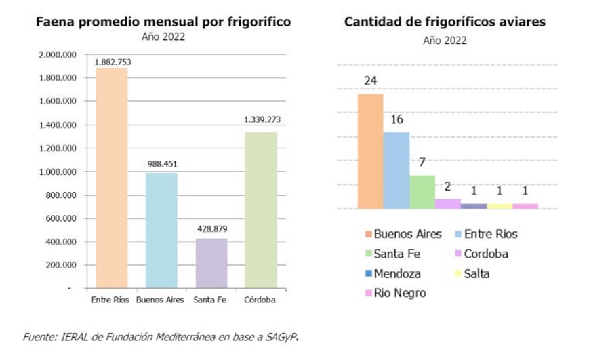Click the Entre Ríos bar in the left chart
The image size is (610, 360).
pyautogui.click(x=111, y=178)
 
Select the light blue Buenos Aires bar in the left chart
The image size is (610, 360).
pyautogui.click(x=161, y=231)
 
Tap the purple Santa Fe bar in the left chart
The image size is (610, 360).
pyautogui.click(x=211, y=263)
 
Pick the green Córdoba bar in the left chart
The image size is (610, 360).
pyautogui.click(x=261, y=210)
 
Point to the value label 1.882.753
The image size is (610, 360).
pyautogui.click(x=113, y=62)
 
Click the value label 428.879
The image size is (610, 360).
pyautogui.click(x=211, y=229)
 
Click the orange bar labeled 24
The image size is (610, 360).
pyautogui.click(x=370, y=151)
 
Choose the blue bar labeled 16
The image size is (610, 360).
pyautogui.click(x=396, y=170)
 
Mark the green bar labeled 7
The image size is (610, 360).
pyautogui.click(x=422, y=192)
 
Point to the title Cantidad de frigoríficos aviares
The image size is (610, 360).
pyautogui.click(x=445, y=22)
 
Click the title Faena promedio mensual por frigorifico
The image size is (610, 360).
pyautogui.click(x=163, y=22)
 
